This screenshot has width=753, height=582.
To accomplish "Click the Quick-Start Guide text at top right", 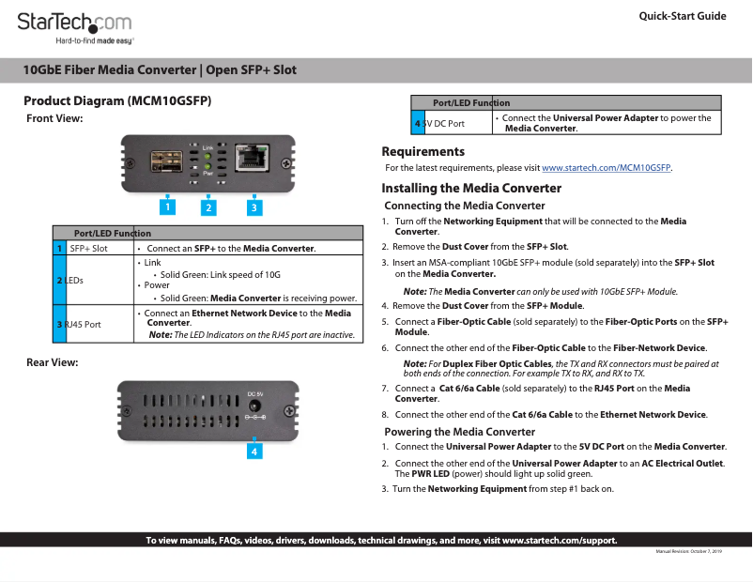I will (x=682, y=16).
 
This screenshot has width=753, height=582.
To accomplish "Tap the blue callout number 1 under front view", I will (x=166, y=206).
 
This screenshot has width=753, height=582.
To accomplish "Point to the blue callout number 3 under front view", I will (x=254, y=207).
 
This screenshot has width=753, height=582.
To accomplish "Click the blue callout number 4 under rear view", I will (x=254, y=452).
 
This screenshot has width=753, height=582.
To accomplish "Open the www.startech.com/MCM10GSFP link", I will (x=607, y=168).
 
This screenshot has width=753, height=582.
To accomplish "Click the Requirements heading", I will (x=423, y=151).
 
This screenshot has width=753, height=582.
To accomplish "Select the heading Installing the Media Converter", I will (x=471, y=188).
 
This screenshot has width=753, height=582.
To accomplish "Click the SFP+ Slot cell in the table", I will (x=89, y=248).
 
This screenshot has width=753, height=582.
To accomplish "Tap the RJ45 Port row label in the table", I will (x=83, y=324).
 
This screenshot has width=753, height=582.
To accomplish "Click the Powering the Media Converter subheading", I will (x=460, y=432).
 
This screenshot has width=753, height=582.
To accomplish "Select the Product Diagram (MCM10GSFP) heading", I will (x=117, y=100).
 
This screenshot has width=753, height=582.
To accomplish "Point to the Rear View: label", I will (x=53, y=361).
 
